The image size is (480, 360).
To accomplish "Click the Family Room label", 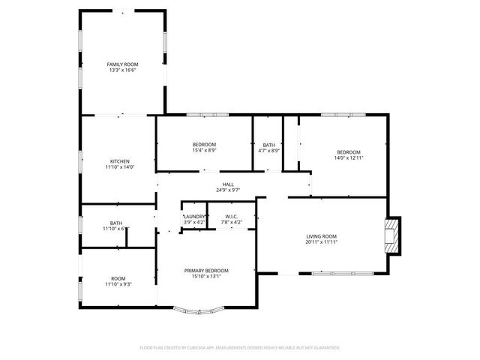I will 123,64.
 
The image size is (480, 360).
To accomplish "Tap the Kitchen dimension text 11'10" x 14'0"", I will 120,167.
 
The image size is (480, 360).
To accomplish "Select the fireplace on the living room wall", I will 392,236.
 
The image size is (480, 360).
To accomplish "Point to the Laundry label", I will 193,216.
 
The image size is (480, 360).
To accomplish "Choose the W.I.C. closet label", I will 232,216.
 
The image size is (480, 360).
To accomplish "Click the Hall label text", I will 228,184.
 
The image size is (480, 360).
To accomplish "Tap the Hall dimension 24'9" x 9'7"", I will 228,190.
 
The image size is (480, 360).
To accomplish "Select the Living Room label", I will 321,236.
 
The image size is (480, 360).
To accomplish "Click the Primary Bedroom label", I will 206,270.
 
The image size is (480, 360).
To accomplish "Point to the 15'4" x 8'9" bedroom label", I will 204,144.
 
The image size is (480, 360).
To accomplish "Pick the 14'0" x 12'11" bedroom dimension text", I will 348,157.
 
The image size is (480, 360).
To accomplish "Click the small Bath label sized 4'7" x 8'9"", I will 268,144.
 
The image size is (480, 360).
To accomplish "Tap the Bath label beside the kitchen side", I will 116,223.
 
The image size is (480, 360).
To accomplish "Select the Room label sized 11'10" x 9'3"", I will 118,278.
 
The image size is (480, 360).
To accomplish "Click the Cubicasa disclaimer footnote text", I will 240,347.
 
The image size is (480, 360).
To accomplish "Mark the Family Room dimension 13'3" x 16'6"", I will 123,70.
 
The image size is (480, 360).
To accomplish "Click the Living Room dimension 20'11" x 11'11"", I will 321,242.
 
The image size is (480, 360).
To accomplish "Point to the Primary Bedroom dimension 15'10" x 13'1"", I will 206,276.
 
